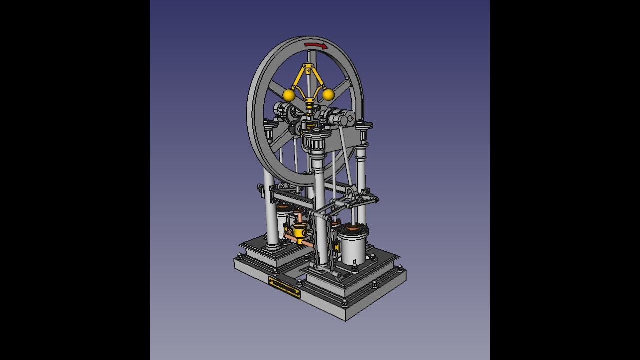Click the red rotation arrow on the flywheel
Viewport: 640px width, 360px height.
click(x=316, y=45)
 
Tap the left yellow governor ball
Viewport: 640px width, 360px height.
click(x=288, y=95)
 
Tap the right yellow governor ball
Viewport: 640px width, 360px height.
click(x=328, y=94)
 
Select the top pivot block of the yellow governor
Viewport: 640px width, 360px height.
click(x=309, y=66)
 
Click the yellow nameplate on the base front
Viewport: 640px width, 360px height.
click(x=284, y=288)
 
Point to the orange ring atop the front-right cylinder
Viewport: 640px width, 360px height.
click(x=354, y=229)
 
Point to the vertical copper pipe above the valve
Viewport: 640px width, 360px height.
click(x=298, y=217)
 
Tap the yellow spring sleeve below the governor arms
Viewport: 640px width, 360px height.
click(x=310, y=106)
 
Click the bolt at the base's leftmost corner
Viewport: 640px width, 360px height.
click(x=239, y=257)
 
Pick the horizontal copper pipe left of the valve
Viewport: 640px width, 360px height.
click(x=289, y=237)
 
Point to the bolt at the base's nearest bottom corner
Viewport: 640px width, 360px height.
click(x=344, y=303)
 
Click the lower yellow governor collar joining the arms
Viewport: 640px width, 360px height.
click(x=309, y=100)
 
